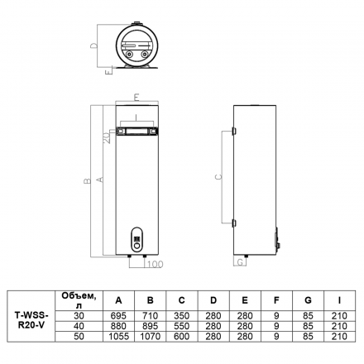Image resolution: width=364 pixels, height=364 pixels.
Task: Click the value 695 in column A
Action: [118, 316]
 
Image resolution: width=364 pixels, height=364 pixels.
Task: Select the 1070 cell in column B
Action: [151, 337]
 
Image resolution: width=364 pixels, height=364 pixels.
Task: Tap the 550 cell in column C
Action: [182, 326]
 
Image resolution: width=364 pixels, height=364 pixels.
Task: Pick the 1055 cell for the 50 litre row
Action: [118, 337]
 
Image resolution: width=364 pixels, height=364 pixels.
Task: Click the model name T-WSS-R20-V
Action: [31, 320]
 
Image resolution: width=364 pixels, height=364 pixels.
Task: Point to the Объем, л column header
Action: [79, 300]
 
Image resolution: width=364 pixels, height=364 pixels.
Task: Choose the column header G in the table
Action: [308, 300]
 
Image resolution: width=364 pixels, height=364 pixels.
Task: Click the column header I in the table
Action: [339, 300]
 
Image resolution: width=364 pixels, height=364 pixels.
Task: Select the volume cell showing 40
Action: [79, 326]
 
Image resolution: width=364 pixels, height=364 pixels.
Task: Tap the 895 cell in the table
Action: [151, 326]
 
